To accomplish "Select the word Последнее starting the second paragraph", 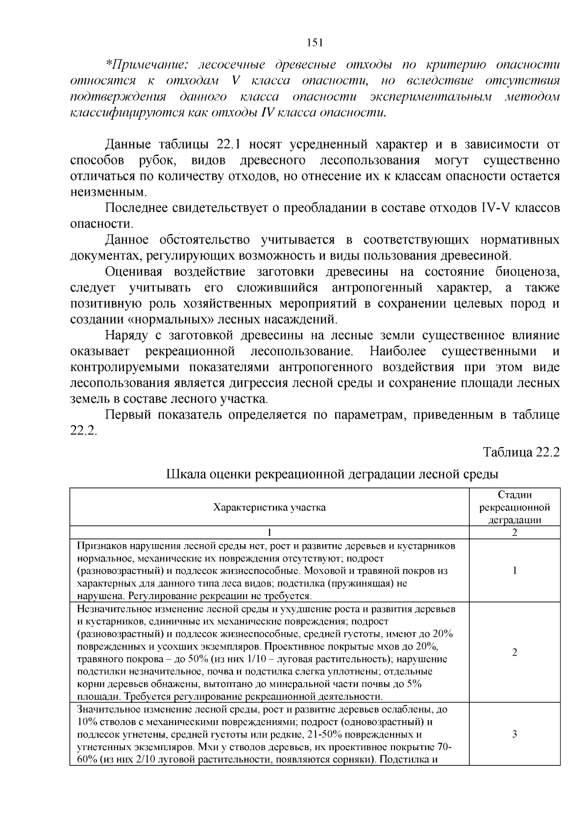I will (x=136, y=209).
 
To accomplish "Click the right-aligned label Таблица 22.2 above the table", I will (x=521, y=453).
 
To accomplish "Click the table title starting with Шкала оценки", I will (x=333, y=475).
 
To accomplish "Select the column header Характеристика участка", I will (x=269, y=507).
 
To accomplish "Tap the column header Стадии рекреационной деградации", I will (x=514, y=507).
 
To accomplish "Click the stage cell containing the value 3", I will (x=514, y=734).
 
